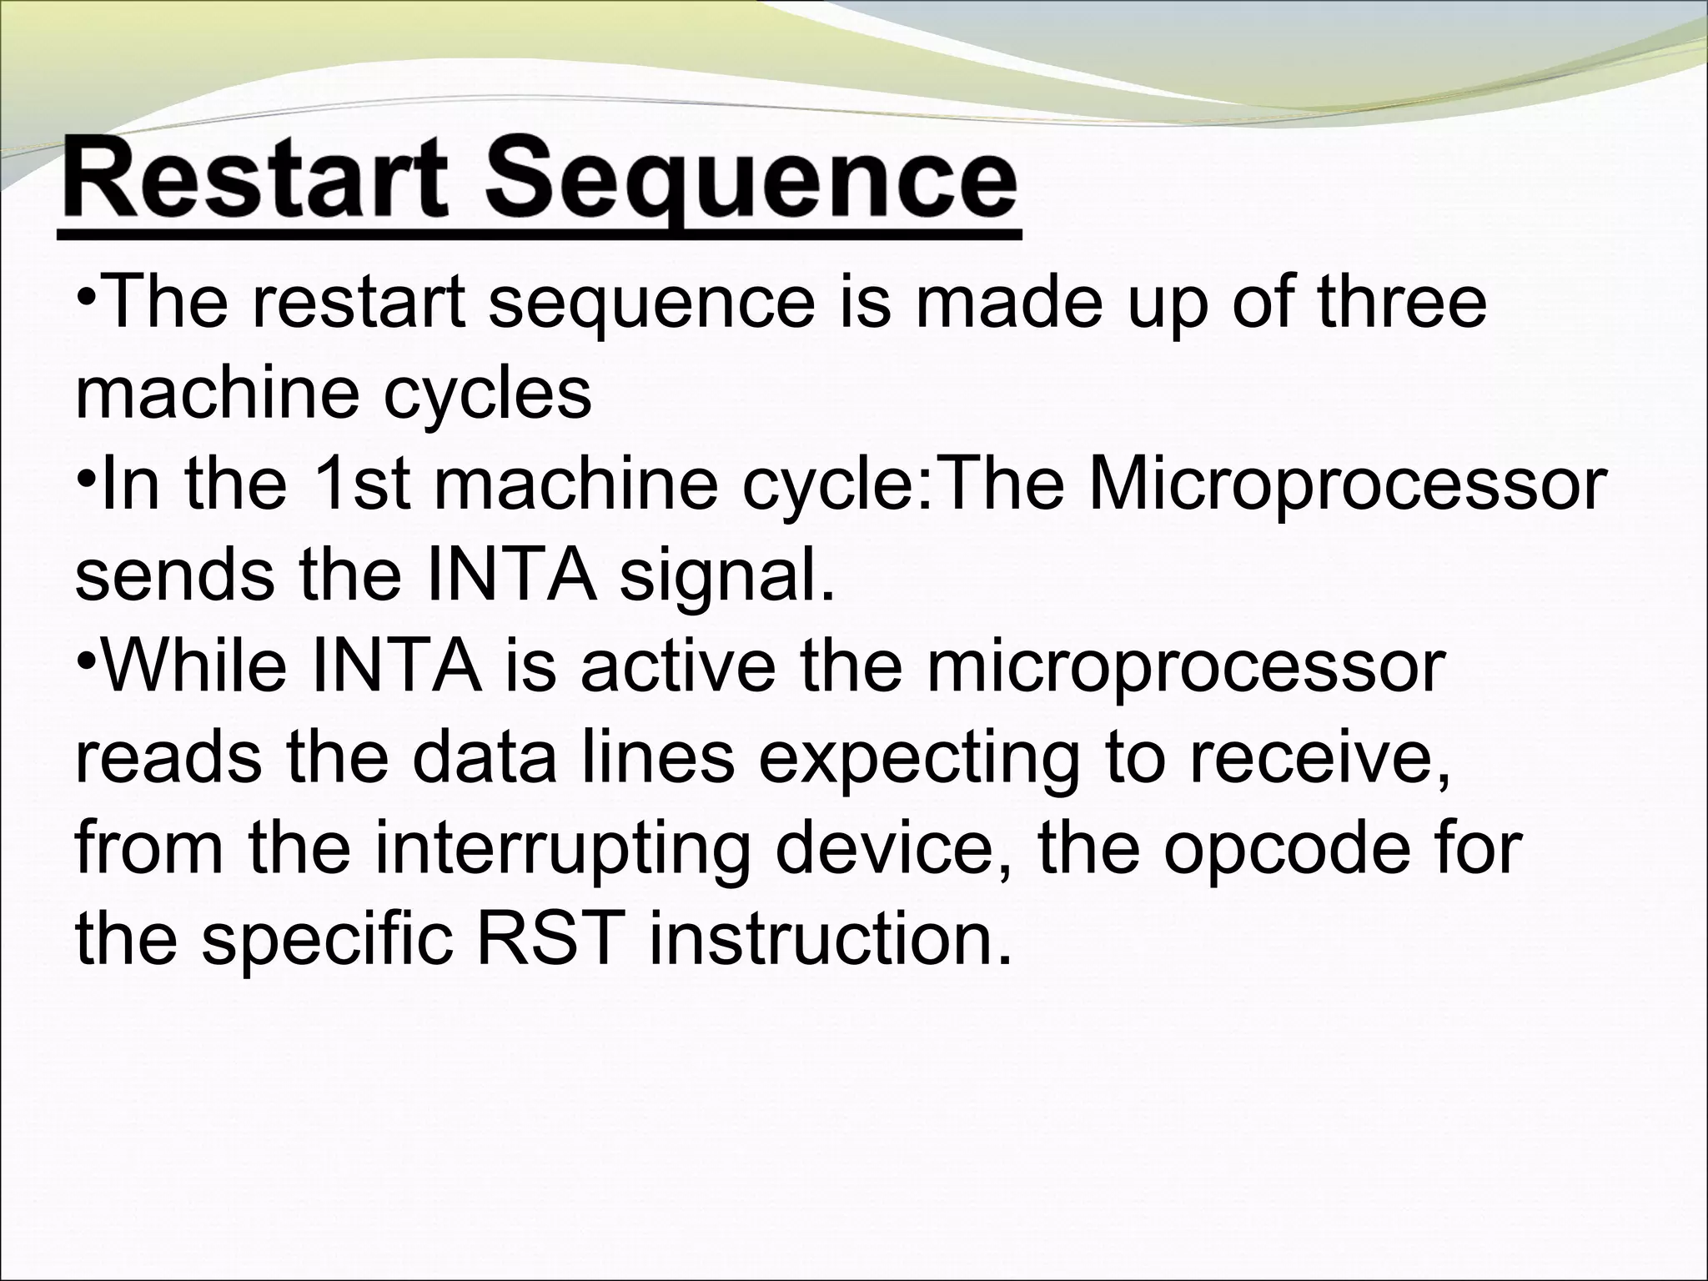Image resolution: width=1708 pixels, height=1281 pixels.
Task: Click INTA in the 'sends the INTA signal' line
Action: (x=512, y=575)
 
